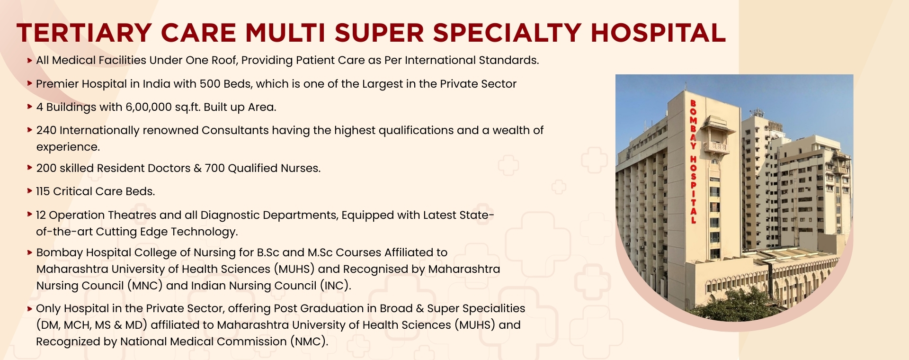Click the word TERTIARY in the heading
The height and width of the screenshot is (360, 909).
(84, 33)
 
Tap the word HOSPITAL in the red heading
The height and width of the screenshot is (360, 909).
(658, 33)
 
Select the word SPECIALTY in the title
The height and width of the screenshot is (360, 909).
(507, 33)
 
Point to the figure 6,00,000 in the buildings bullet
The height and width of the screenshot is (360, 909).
(149, 108)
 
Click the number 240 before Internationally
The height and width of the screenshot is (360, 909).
(46, 131)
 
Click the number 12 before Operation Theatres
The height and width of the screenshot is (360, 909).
(41, 216)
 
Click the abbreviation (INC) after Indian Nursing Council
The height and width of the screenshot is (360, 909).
(335, 286)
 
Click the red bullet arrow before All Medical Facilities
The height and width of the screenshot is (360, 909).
(30, 60)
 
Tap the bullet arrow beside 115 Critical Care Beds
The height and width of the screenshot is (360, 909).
(30, 191)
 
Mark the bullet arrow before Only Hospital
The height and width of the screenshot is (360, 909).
(30, 308)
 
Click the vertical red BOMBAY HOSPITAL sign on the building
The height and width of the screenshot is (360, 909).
(693, 162)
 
